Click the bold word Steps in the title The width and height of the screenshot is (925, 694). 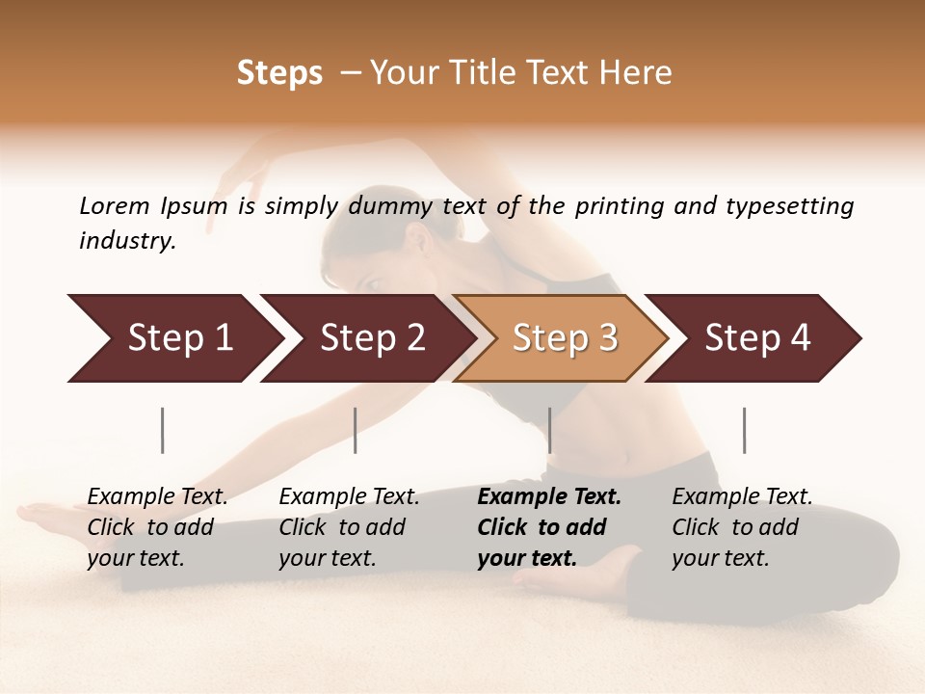(279, 73)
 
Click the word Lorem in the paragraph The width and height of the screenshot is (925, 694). (114, 205)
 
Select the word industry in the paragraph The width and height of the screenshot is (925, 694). (127, 240)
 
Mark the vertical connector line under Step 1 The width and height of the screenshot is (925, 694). (163, 430)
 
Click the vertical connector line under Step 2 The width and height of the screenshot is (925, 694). (356, 430)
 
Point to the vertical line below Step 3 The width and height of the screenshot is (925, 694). (550, 430)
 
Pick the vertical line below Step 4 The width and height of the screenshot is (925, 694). (744, 430)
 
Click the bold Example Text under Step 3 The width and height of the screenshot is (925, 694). (549, 497)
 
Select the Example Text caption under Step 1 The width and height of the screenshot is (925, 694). (157, 497)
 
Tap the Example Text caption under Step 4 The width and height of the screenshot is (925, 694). (742, 497)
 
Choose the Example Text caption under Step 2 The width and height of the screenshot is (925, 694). (349, 497)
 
